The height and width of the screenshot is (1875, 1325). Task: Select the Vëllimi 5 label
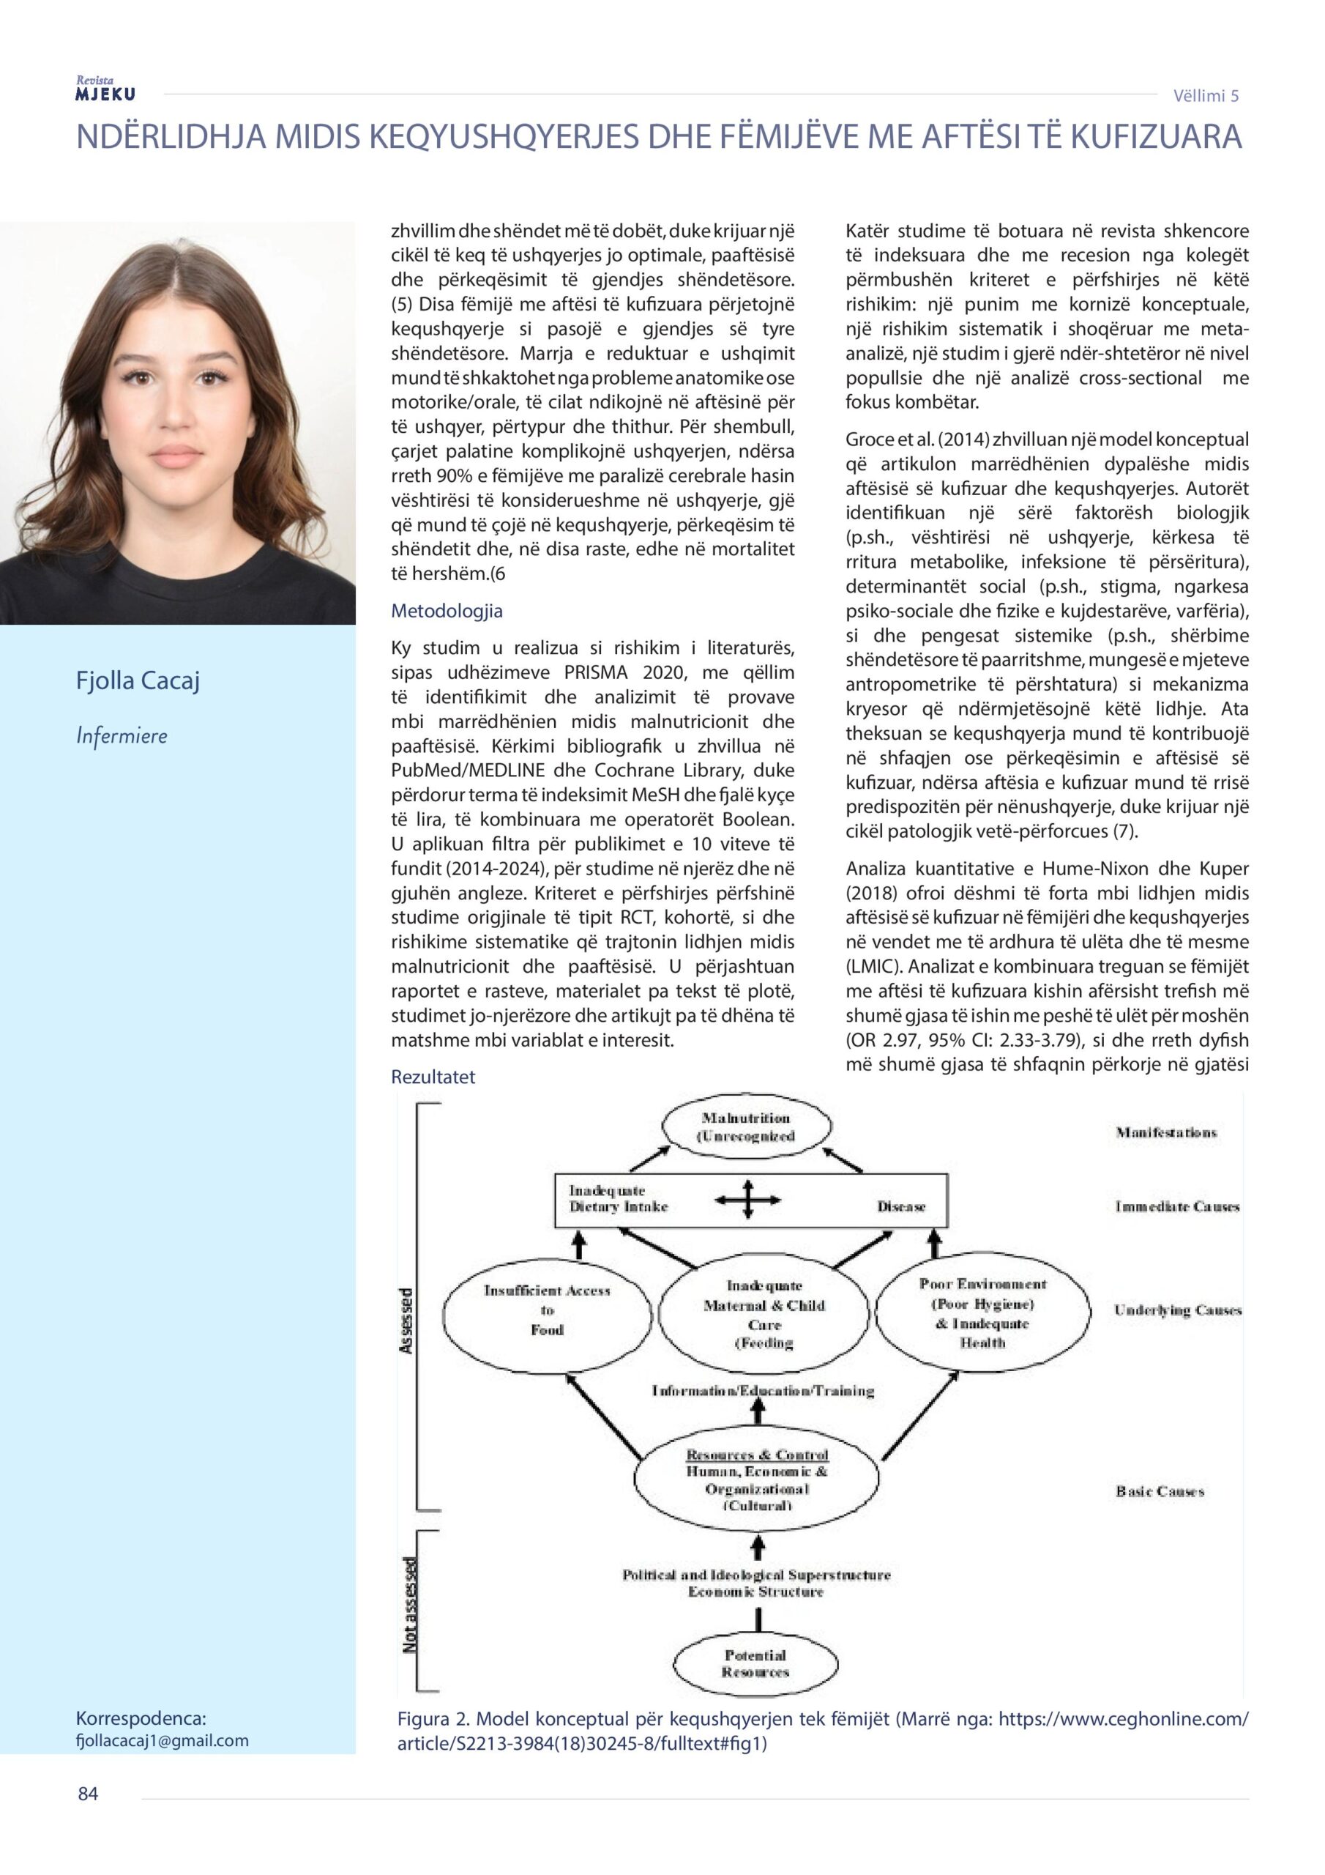[1206, 95]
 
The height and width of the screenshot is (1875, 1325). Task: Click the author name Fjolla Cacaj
[138, 680]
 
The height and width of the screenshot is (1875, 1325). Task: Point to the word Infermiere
[122, 736]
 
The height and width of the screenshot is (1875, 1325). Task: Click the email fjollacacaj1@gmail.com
[162, 1740]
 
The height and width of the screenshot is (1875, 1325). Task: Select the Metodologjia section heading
[447, 611]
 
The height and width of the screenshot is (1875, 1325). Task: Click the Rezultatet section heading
[433, 1077]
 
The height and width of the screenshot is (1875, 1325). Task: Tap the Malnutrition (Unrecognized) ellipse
[746, 1128]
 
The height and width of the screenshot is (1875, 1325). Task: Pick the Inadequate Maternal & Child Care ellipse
[764, 1314]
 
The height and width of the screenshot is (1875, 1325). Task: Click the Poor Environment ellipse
[982, 1312]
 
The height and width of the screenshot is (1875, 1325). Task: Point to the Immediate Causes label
[1177, 1207]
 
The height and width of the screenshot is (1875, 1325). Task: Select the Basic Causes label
[1160, 1492]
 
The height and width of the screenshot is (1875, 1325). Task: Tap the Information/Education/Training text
[763, 1391]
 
